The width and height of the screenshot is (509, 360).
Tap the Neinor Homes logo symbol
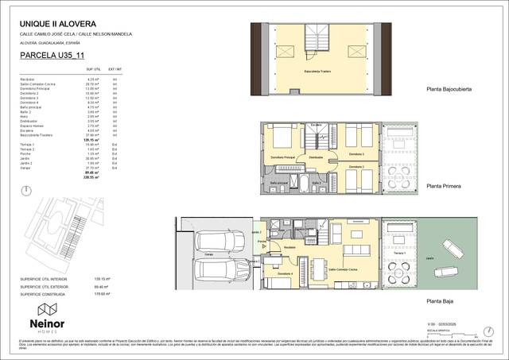point(47,309)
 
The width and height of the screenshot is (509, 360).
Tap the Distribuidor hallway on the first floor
point(316,158)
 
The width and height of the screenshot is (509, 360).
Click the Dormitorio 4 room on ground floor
point(283,274)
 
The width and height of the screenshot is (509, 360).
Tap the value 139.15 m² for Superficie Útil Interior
point(123,280)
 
